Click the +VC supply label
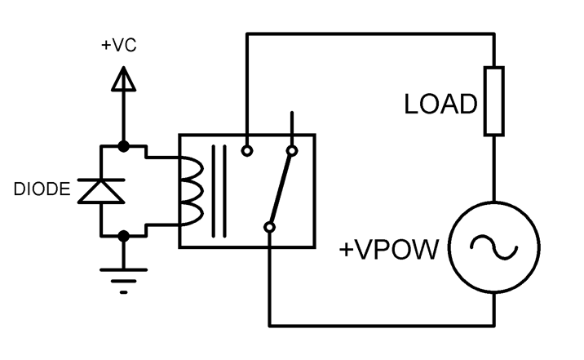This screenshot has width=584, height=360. click(119, 46)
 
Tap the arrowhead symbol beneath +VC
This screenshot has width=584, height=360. click(122, 79)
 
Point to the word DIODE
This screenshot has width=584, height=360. click(40, 191)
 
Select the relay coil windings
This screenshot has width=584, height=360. click(191, 191)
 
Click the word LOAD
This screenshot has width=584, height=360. click(440, 104)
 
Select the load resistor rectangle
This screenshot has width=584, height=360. click(494, 100)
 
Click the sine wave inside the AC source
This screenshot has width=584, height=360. click(494, 246)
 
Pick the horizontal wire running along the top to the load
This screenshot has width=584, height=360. click(371, 34)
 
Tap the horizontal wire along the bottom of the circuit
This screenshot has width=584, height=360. click(382, 325)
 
